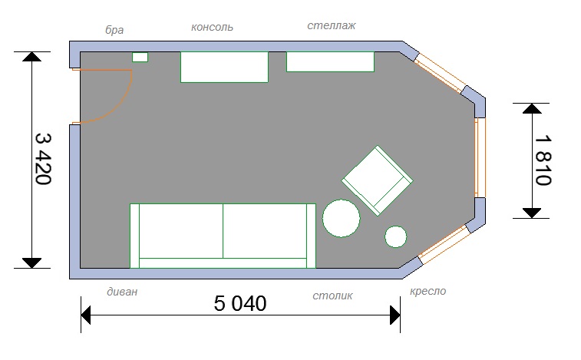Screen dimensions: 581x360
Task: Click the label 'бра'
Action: (x=114, y=30)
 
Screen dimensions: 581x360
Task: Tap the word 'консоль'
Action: (x=212, y=27)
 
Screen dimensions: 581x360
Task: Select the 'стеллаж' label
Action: (x=332, y=25)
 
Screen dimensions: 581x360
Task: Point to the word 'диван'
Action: (x=122, y=292)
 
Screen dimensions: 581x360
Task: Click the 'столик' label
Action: (x=332, y=296)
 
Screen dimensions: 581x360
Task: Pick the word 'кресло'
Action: (x=427, y=291)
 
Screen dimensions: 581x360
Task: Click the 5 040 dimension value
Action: (x=240, y=303)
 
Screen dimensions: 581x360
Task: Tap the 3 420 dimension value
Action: (x=43, y=159)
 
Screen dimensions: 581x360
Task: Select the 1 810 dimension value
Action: (x=543, y=160)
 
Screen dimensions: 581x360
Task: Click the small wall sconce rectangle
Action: (x=140, y=57)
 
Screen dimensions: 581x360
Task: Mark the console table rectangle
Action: (x=224, y=67)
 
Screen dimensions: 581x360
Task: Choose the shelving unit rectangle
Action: (x=330, y=61)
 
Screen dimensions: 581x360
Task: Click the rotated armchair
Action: (x=377, y=180)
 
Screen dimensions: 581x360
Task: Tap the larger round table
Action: (x=342, y=218)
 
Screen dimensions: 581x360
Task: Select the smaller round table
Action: (x=396, y=236)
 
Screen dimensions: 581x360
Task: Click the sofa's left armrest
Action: (x=134, y=236)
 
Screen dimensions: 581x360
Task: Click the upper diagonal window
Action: (x=440, y=73)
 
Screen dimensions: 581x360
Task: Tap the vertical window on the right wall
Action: (x=480, y=157)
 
